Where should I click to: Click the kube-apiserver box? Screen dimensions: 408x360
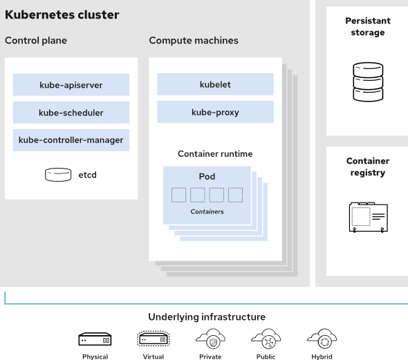pos(71,85)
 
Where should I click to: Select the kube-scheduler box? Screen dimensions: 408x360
pos(71,113)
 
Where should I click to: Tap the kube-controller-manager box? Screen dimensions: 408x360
pos(71,140)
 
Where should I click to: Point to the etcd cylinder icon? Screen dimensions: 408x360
pos(58,174)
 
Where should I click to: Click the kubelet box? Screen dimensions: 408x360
pos(215,84)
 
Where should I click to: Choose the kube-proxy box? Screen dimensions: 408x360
pos(215,112)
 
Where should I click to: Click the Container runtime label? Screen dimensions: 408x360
pos(215,153)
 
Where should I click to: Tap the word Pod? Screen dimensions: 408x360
pos(207,176)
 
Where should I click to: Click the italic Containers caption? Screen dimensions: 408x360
pos(207,211)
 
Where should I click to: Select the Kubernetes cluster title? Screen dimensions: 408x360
pos(62,15)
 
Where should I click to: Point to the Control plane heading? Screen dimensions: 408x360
pos(36,41)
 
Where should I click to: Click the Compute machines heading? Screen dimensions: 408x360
pos(194,41)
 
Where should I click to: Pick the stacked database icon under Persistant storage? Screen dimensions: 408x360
pos(368,82)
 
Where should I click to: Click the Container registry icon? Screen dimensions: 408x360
pos(368,217)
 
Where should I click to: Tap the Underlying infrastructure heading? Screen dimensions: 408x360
pos(207,317)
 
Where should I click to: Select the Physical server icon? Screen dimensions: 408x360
pos(95,339)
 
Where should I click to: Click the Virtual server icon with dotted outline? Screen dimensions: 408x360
pos(154,339)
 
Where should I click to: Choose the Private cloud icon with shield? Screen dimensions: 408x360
pos(210,339)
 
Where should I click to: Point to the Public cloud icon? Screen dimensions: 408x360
pos(266,339)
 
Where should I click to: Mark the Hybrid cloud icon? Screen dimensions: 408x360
pos(322,339)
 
